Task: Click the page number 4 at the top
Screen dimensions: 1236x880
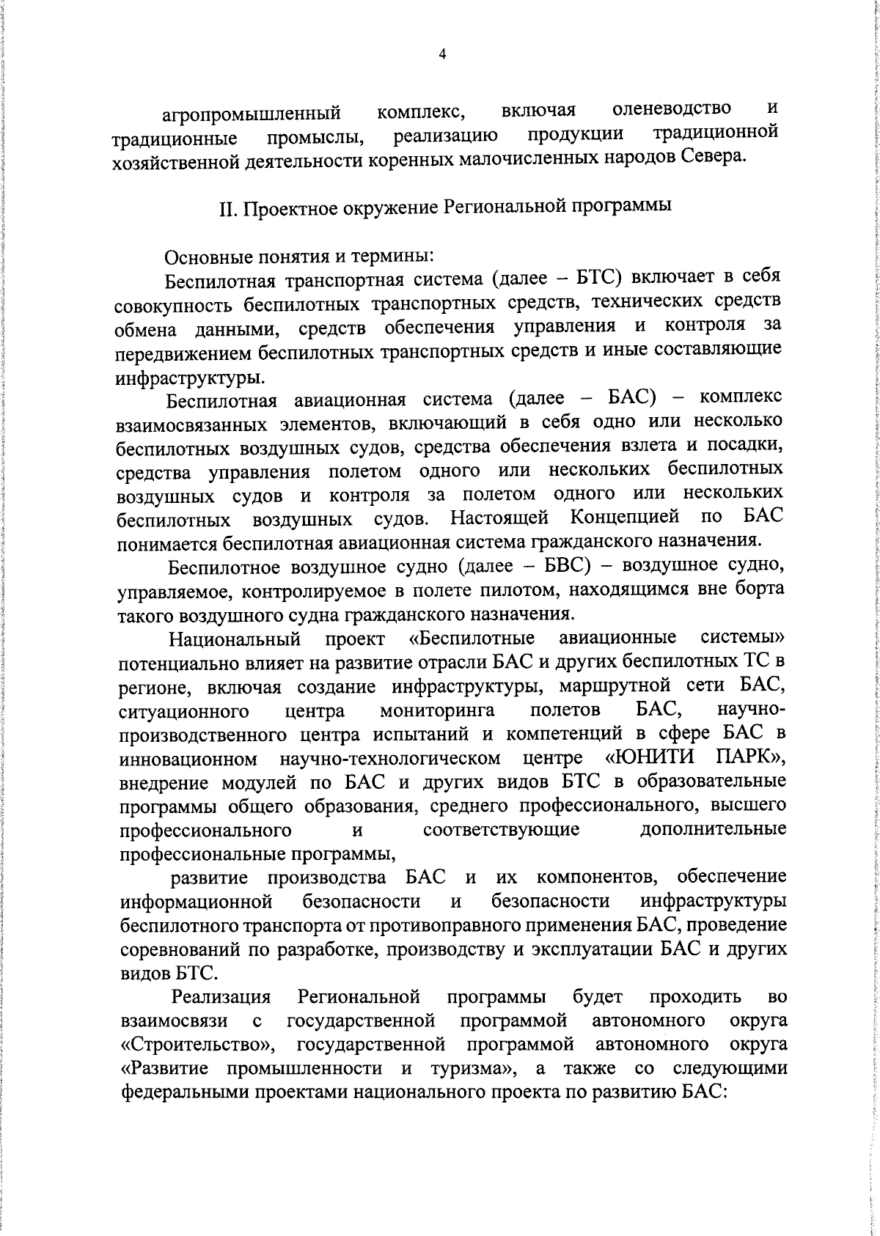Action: click(441, 54)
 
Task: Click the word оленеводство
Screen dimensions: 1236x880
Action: click(672, 108)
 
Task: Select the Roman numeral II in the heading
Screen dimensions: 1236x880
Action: click(227, 207)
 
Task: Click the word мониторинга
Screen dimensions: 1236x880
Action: click(437, 710)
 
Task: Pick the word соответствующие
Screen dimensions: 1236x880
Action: click(502, 829)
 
